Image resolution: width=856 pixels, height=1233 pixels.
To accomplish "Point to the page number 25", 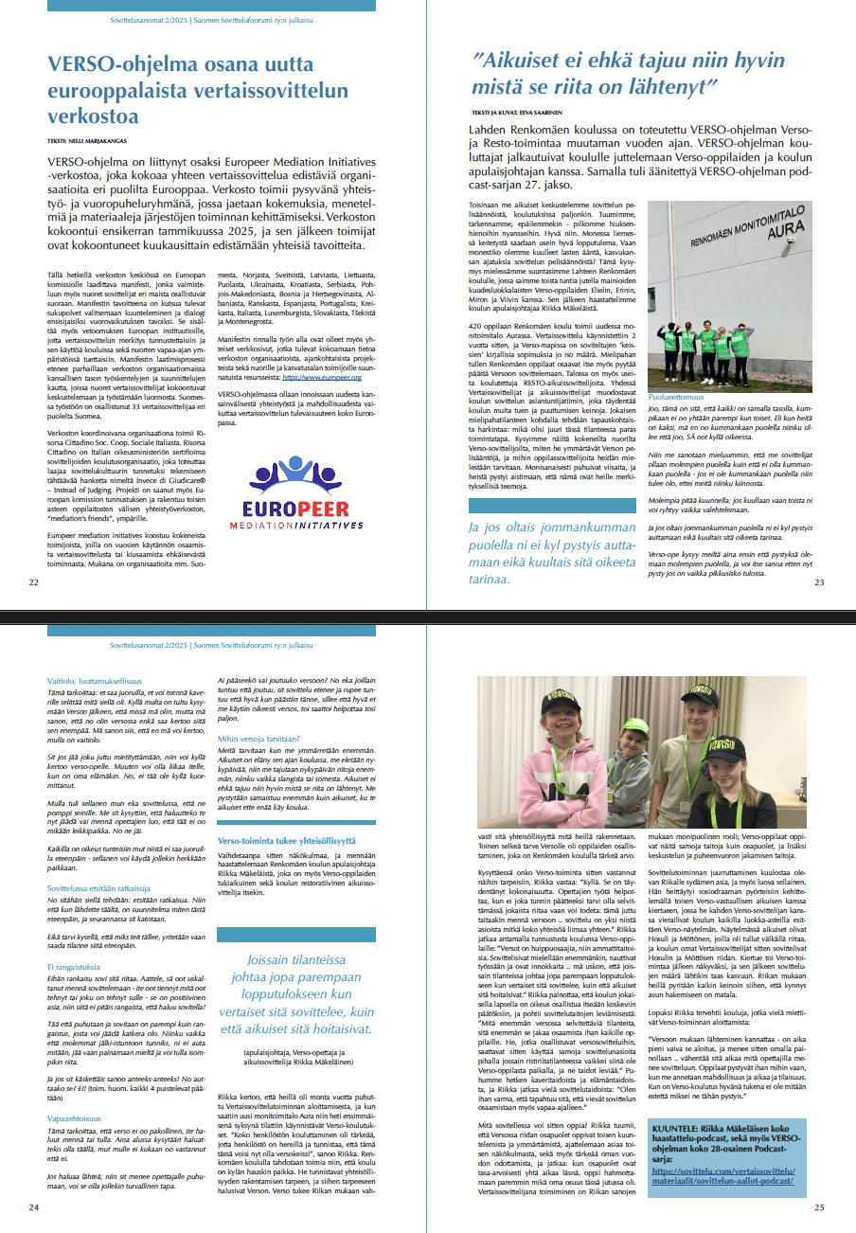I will point(819,1206).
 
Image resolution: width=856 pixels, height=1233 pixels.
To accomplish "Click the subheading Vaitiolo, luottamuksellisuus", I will point(96,680).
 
